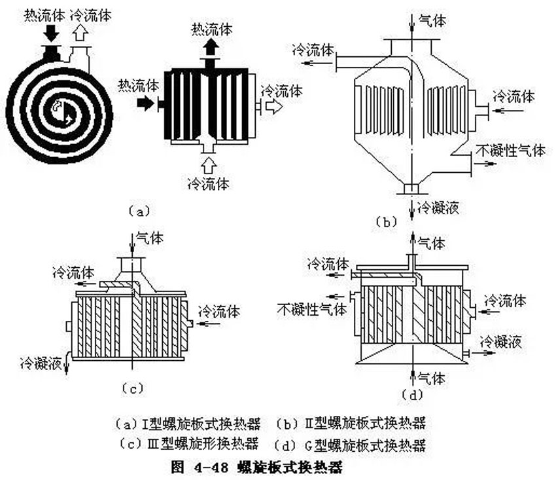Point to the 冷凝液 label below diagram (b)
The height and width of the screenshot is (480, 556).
point(438,208)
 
